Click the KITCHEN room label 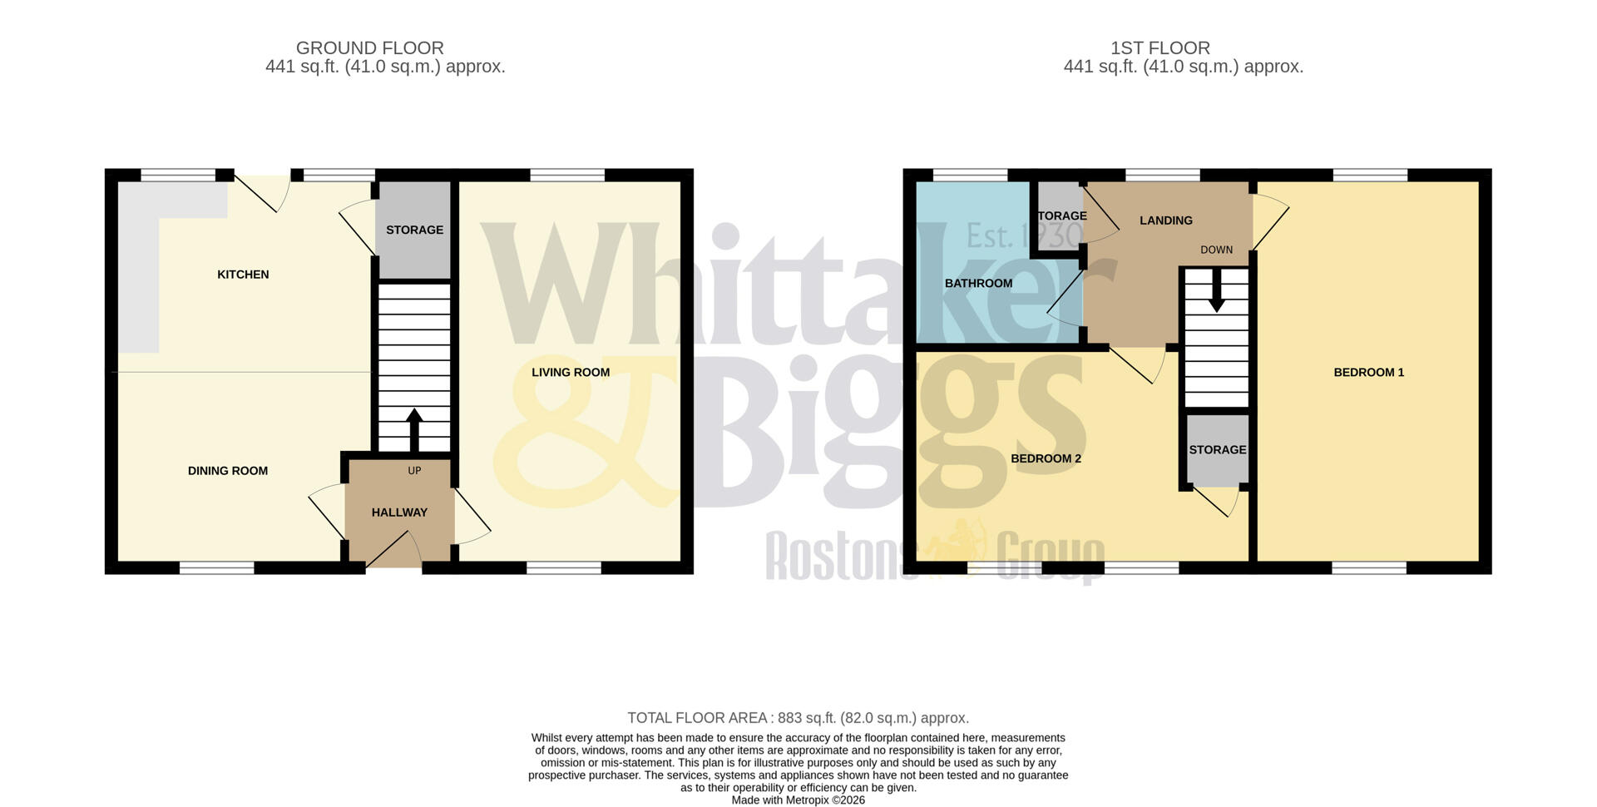[243, 275]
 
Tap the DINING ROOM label [228, 471]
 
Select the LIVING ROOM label [571, 372]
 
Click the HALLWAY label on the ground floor [399, 512]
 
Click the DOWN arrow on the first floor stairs [1216, 295]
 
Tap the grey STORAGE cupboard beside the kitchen [414, 230]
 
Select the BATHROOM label [978, 283]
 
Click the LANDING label [1165, 220]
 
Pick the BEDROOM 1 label [1368, 372]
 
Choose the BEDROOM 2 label [1046, 458]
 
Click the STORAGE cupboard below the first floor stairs [1217, 450]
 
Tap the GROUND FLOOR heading [369, 48]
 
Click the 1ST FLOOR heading [1159, 48]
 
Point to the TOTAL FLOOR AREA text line [798, 718]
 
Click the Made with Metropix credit [798, 800]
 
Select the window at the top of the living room [567, 175]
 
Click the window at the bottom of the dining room [216, 568]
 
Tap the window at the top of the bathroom [970, 175]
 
